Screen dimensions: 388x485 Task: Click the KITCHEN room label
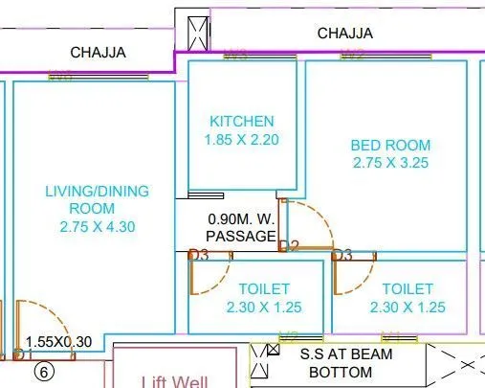click(242, 122)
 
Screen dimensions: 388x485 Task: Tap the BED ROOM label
click(390, 146)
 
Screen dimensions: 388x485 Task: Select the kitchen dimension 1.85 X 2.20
click(242, 140)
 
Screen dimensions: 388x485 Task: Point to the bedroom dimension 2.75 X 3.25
click(390, 163)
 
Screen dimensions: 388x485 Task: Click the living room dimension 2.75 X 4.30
click(98, 227)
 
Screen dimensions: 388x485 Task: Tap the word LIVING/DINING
click(98, 192)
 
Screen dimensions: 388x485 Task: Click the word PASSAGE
click(241, 236)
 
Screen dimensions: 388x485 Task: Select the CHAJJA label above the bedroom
click(345, 34)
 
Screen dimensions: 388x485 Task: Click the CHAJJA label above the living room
click(99, 53)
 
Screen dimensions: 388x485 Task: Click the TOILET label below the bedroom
click(408, 289)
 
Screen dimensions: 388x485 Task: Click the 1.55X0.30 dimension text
click(60, 341)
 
